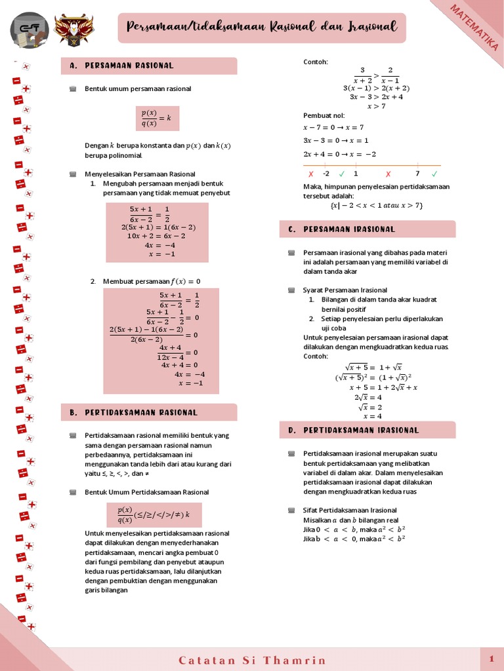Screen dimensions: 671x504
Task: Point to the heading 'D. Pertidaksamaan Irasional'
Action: [361, 431]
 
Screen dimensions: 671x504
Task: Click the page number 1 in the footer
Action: [491, 658]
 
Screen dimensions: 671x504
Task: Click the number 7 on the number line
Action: [417, 174]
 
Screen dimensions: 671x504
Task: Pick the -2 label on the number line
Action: [326, 174]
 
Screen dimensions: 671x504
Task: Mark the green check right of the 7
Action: [434, 174]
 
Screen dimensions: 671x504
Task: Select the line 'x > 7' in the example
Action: [377, 106]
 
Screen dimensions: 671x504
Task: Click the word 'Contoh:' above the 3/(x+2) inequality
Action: [316, 62]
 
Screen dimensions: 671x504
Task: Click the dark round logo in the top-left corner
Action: [29, 29]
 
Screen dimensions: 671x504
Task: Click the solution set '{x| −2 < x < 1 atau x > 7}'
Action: [377, 205]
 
